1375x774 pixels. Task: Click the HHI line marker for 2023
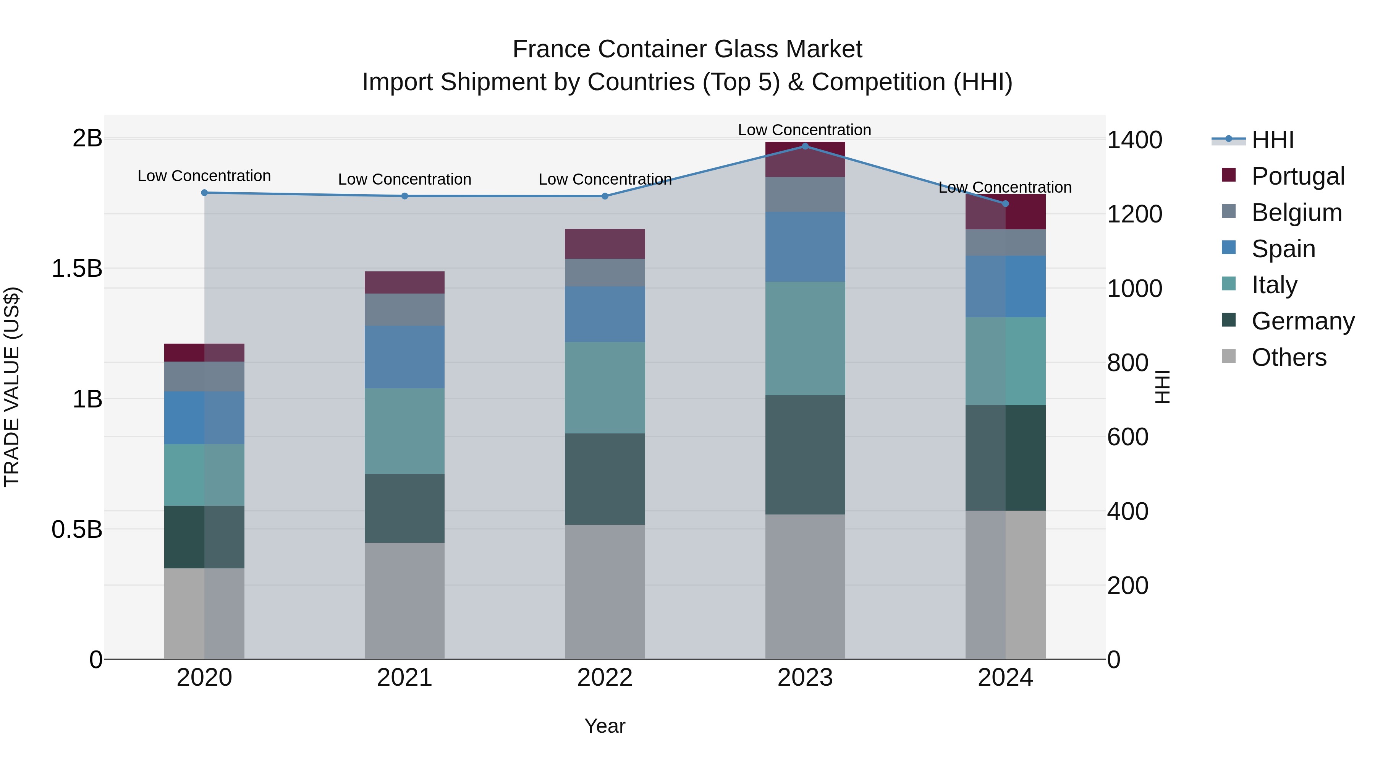pos(805,146)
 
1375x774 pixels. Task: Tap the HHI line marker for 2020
pos(204,192)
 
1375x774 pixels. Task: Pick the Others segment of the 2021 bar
pos(404,600)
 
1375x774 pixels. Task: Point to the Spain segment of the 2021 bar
pos(404,357)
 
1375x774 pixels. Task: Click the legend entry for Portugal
pos(1297,176)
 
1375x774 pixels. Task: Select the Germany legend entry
pos(1302,321)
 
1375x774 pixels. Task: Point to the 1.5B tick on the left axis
pos(77,268)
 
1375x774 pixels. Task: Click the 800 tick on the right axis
pos(1127,363)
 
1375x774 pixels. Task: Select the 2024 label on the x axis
pos(1005,678)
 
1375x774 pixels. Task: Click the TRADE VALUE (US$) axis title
pos(12,387)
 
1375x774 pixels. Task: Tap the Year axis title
pos(605,726)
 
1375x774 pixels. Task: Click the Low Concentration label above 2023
pos(804,130)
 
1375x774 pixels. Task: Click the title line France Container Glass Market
pos(687,49)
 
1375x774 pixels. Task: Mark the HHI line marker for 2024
pos(1005,203)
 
